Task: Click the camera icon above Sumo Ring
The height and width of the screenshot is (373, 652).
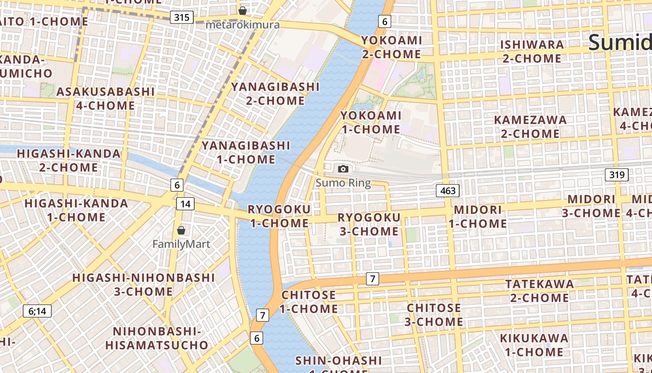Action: (x=343, y=169)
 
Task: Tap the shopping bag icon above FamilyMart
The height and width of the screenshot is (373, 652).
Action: (x=181, y=230)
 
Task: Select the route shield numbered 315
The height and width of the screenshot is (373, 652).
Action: (x=182, y=18)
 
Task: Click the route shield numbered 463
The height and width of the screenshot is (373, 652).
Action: (x=448, y=190)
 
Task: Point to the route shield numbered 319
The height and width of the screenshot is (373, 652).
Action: (x=617, y=175)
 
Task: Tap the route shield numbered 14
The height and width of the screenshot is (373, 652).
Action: (x=185, y=204)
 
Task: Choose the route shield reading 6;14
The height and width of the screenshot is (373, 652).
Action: (x=37, y=311)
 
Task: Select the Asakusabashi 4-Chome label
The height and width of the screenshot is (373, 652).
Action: (x=105, y=98)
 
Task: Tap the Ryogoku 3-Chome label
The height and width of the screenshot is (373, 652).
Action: (x=368, y=224)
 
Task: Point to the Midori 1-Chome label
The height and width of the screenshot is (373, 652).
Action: (x=478, y=216)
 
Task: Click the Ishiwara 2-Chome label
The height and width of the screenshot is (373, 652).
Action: (x=532, y=51)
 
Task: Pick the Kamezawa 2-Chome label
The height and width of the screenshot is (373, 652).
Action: (x=530, y=127)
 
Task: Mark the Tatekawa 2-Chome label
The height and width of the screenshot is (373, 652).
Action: (x=540, y=290)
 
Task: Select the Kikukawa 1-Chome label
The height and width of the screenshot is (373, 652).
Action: (x=534, y=345)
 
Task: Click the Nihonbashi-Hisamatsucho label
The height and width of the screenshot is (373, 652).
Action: (x=156, y=338)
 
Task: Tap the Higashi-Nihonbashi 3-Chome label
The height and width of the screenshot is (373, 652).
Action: (x=143, y=284)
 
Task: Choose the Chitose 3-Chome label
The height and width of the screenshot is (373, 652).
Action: (x=434, y=315)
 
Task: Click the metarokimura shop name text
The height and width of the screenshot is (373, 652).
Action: (x=242, y=25)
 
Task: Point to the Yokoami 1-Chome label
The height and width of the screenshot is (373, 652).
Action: (x=371, y=122)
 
